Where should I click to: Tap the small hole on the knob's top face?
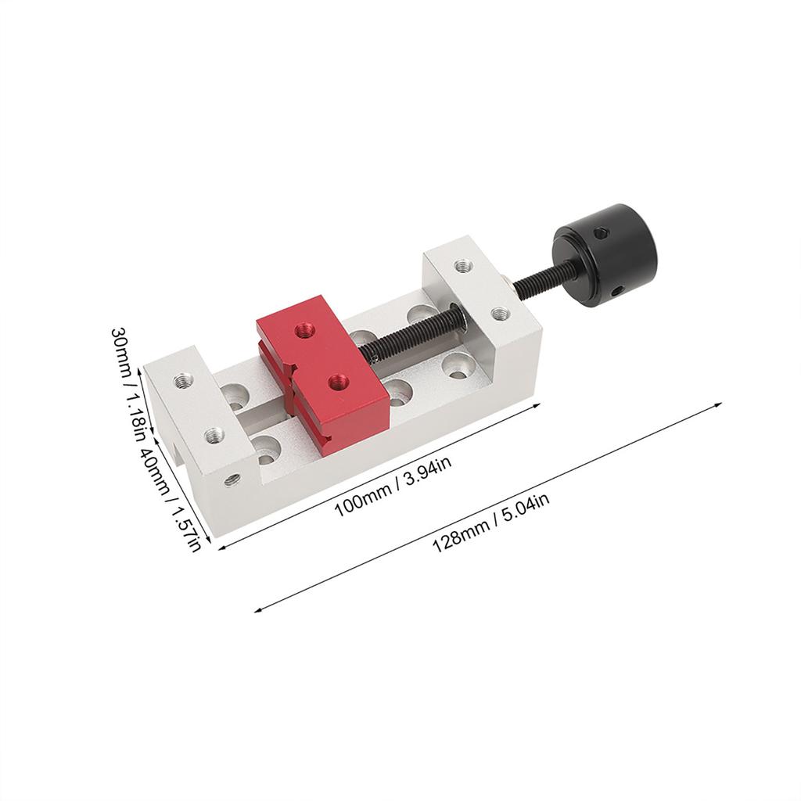(x=600, y=232)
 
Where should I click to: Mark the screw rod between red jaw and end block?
(x=415, y=332)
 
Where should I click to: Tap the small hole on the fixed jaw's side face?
(x=232, y=480)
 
